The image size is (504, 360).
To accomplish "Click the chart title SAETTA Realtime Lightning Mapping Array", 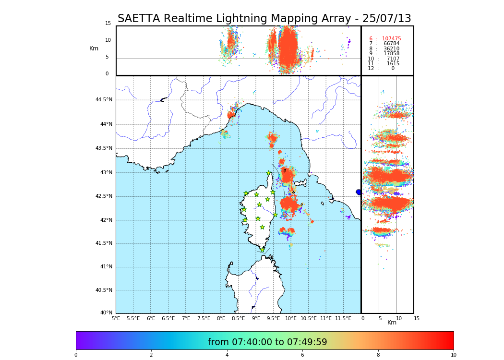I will tap(264, 19).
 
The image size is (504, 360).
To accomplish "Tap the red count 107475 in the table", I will tap(391, 39).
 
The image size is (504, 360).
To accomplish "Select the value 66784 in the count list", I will tap(391, 44).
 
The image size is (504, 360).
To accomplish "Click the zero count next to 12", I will tap(393, 69).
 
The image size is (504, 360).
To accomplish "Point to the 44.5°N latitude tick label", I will tap(104, 100).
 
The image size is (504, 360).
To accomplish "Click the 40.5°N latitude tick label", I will tap(104, 290).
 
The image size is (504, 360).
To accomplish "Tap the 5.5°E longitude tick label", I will tap(133, 318).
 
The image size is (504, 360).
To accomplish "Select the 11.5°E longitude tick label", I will tap(343, 318).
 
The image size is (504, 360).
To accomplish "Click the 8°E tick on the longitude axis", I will tap(221, 318).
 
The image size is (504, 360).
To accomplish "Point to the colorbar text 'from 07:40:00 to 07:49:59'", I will tap(267, 342).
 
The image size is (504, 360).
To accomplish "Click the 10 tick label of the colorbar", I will tap(453, 355).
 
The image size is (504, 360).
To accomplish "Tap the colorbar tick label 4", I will tap(227, 355).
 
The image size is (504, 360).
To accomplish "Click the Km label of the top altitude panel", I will tap(94, 48).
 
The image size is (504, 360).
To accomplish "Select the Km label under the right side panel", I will tap(392, 323).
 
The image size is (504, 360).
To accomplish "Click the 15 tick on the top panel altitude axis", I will tap(108, 24).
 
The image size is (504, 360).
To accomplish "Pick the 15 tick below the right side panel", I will tap(417, 318).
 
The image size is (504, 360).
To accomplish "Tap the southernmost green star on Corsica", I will tap(262, 250).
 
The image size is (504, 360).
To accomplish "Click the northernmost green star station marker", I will tap(269, 173).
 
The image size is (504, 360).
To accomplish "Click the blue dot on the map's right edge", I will tap(359, 192).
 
